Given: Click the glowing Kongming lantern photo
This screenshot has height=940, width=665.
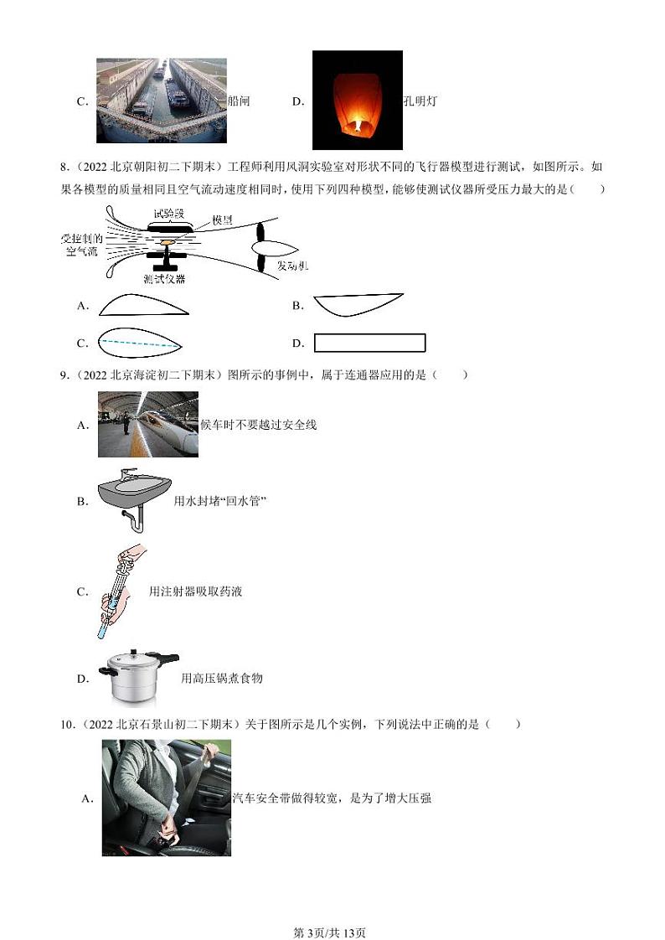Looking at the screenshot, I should pos(357,100).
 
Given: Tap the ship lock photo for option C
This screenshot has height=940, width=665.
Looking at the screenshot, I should pos(162,101).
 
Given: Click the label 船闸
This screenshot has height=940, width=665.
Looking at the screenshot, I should pos(239,101).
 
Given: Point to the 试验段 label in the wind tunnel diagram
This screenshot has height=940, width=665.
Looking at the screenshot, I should pos(169,214).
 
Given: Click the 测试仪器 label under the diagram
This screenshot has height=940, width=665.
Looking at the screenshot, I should pos(164,279).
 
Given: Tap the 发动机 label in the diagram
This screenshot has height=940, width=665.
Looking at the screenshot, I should pos(293,266).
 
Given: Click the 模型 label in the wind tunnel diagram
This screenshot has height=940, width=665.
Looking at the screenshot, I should pos(222,220).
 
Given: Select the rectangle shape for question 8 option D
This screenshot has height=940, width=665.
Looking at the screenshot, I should pos(369,343).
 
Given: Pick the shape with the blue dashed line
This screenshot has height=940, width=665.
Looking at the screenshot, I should pos(141,342).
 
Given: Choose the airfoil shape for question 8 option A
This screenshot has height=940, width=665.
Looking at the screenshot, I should pos(144,305).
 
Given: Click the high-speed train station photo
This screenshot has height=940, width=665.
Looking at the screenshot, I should pos(148,424).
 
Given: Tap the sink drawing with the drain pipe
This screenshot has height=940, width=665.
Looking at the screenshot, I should pos(134,500).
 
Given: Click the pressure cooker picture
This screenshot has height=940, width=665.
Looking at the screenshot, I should pos(139,677).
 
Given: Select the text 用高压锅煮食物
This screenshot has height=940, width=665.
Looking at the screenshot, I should pos(222,678).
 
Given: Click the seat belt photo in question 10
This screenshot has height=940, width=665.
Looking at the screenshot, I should pos(166,798).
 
